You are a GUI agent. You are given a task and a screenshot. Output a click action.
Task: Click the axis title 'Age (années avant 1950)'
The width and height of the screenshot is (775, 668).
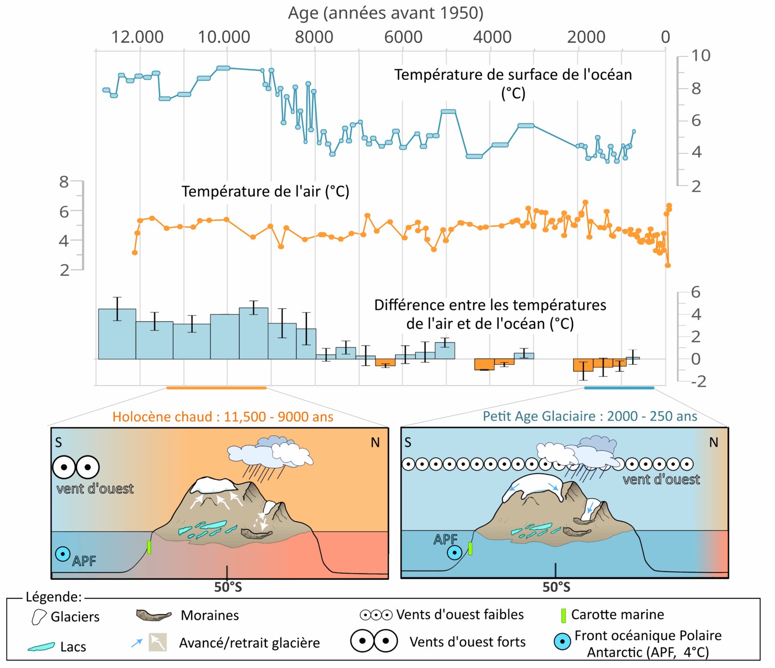[x=385, y=13]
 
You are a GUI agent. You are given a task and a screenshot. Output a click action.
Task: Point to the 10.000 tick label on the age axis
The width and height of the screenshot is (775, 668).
[x=224, y=37]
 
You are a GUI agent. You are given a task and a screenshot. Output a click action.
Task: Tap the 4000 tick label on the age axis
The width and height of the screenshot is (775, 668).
[x=492, y=37]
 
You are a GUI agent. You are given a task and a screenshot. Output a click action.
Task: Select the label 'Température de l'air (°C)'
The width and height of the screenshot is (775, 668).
[x=265, y=192]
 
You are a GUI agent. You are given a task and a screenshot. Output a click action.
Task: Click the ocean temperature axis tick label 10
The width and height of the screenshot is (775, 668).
[x=700, y=55]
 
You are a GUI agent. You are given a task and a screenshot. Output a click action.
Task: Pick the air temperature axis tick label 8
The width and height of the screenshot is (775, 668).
[x=64, y=182]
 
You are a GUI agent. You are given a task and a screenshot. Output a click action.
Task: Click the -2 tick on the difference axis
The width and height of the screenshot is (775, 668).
[x=698, y=381]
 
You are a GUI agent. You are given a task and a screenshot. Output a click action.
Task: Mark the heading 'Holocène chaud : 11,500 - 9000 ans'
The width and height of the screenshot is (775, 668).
[x=223, y=417]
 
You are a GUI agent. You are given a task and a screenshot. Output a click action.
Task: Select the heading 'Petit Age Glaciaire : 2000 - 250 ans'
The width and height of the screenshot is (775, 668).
[x=590, y=416]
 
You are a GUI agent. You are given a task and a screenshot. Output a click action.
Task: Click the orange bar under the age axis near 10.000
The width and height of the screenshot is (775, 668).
[x=216, y=388]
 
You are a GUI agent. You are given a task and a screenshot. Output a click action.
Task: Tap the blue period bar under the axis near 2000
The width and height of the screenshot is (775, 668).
[x=619, y=388]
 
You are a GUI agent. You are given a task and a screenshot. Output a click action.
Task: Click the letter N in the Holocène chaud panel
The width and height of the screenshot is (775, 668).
[x=375, y=442]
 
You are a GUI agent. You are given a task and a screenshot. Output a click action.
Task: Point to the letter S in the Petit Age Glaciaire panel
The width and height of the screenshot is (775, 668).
[x=408, y=442]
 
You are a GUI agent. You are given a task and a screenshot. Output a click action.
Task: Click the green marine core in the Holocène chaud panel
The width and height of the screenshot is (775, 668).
[x=149, y=547]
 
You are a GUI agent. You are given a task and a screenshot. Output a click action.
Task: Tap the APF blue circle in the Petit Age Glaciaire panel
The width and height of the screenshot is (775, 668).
[x=454, y=552]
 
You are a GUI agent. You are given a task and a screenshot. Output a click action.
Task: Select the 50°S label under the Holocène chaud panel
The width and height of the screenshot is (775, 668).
[x=228, y=587]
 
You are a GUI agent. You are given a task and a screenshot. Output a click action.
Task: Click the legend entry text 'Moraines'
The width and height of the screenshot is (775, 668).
[x=209, y=616]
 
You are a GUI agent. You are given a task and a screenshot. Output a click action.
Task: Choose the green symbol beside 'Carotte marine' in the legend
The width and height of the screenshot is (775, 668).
[x=564, y=616]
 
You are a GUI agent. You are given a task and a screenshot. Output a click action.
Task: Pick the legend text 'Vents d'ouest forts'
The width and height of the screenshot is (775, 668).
[x=467, y=642]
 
